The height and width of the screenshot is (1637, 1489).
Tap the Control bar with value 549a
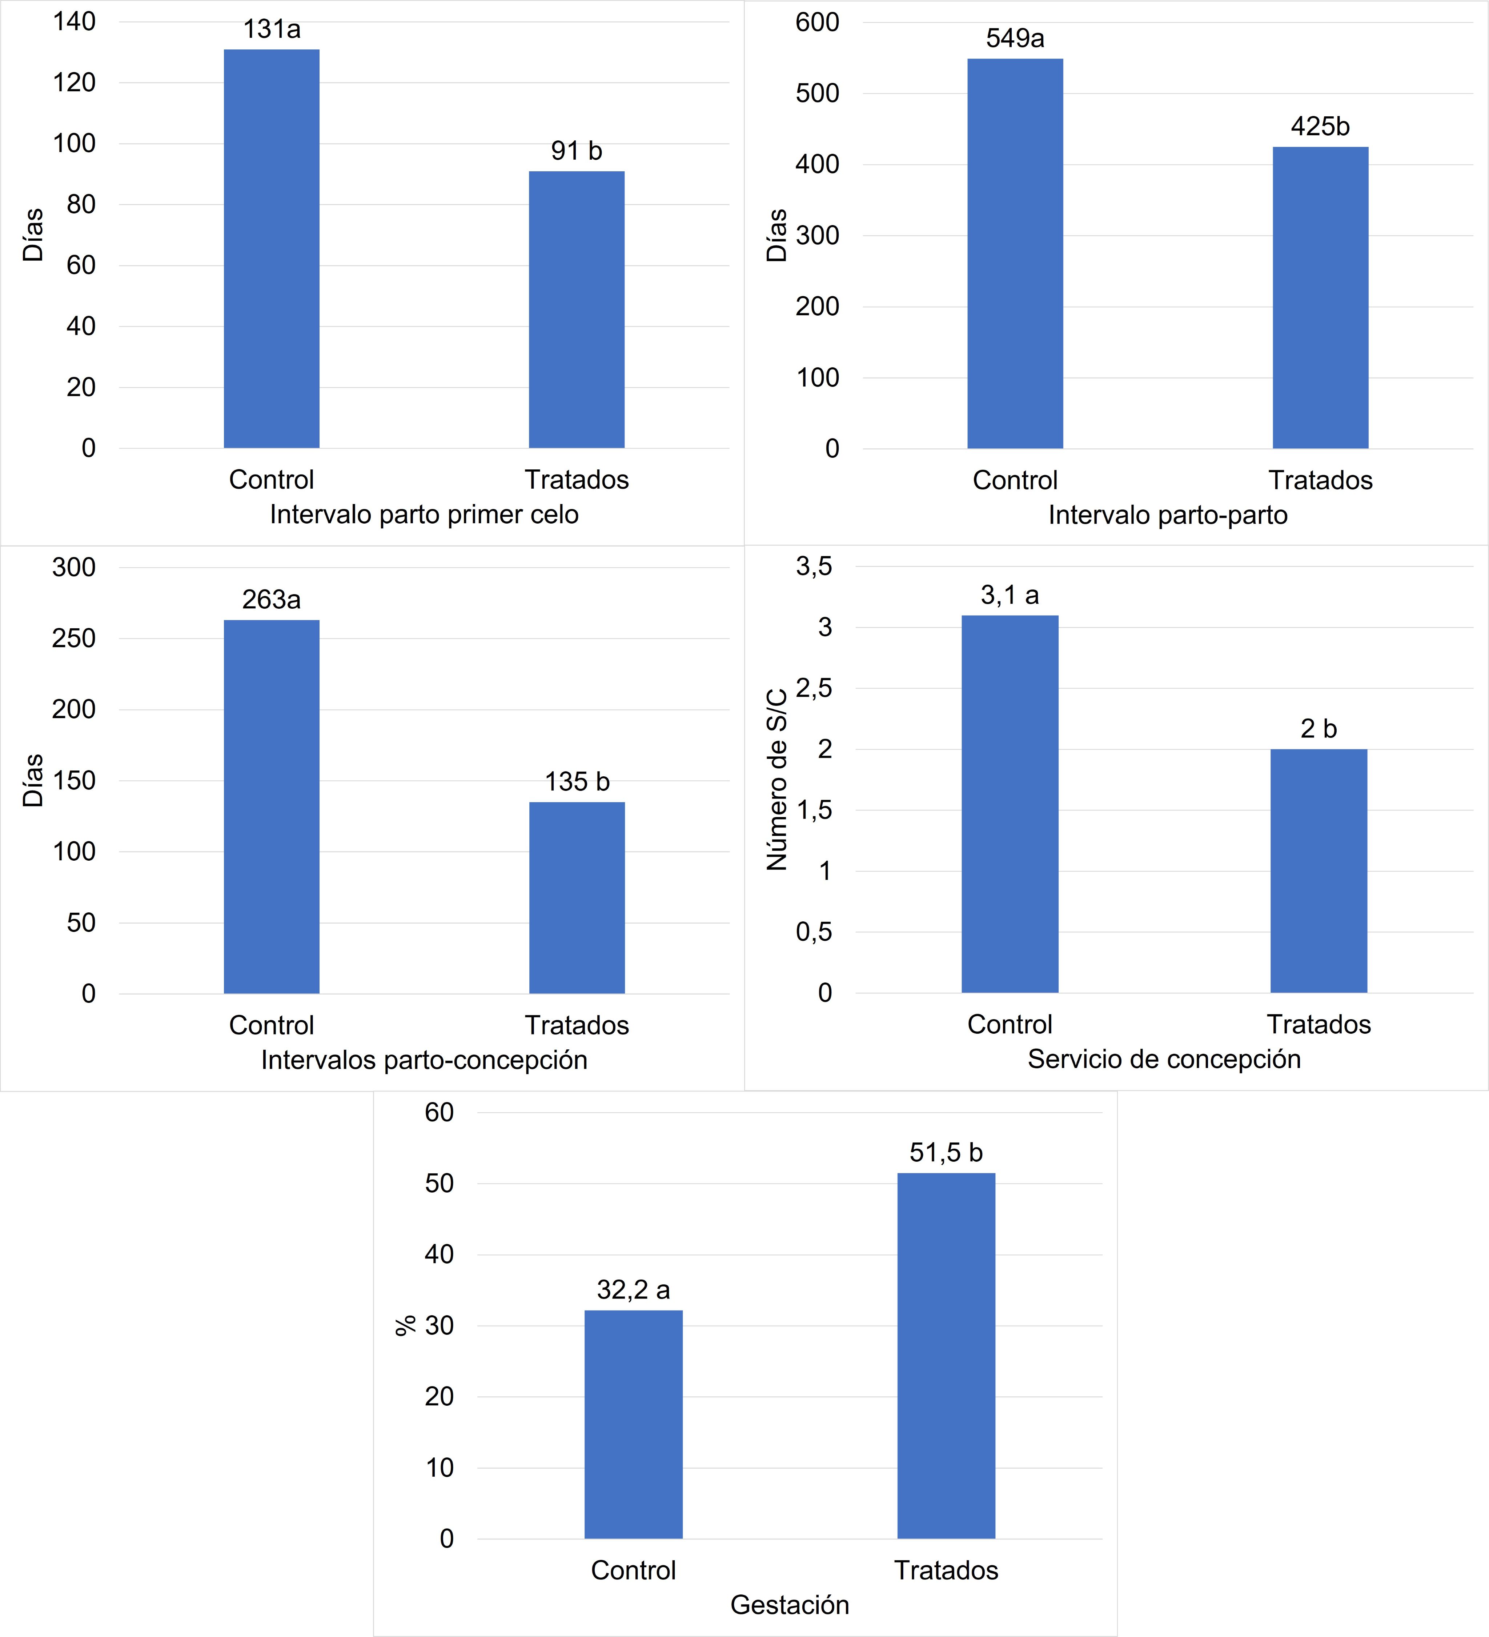pyautogui.click(x=1015, y=253)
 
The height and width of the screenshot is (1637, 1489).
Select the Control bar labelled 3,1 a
pyautogui.click(x=1010, y=804)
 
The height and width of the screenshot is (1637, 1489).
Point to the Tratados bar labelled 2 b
pyautogui.click(x=1319, y=870)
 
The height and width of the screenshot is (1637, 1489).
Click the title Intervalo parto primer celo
pyautogui.click(x=424, y=515)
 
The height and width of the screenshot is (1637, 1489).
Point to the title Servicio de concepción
pyautogui.click(x=1164, y=1060)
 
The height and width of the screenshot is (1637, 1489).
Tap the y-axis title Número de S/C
pyautogui.click(x=777, y=780)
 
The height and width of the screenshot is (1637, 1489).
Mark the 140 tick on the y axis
pyautogui.click(x=75, y=22)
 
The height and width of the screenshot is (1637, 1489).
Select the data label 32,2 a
pyautogui.click(x=633, y=1289)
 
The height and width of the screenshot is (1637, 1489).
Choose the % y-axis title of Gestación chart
pyautogui.click(x=405, y=1325)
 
